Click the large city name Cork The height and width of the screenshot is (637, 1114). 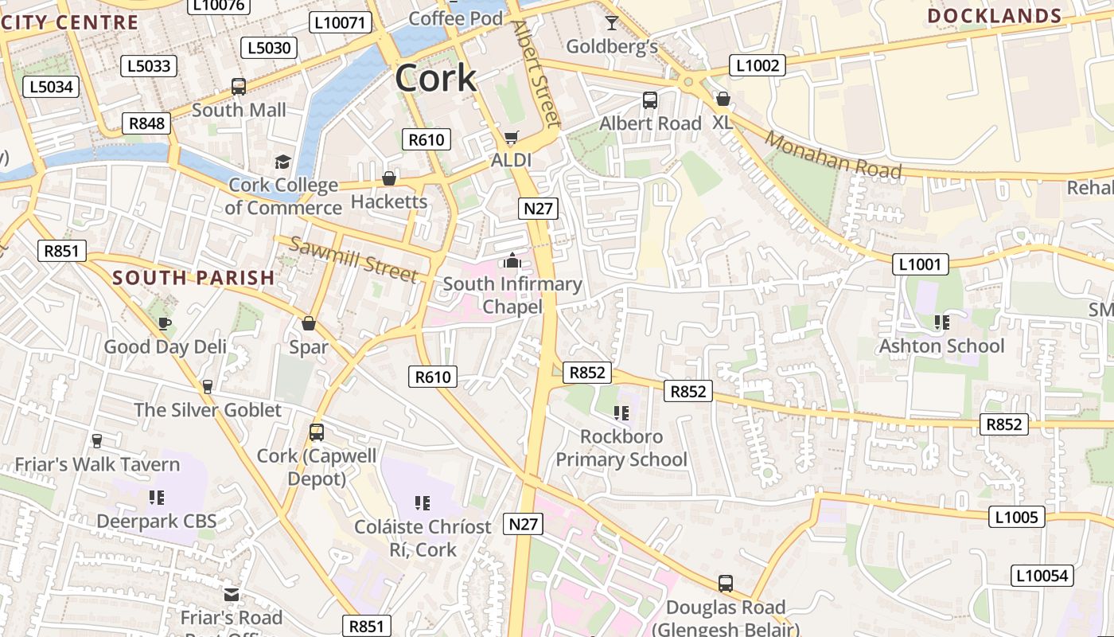click(435, 78)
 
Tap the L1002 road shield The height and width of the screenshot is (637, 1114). click(758, 65)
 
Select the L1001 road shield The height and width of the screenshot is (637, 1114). click(920, 264)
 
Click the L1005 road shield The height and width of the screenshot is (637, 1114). click(1017, 517)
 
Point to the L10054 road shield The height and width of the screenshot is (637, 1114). click(1042, 575)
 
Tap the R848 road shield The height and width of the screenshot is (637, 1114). click(146, 123)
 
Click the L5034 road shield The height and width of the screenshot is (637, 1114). click(52, 86)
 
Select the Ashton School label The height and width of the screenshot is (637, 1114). click(941, 346)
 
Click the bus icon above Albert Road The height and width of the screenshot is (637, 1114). click(650, 100)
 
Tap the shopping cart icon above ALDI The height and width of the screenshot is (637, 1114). click(511, 138)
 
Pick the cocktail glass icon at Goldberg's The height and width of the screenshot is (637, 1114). click(611, 22)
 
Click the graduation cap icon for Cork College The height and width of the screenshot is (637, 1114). click(282, 162)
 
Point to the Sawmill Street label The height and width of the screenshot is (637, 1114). click(353, 260)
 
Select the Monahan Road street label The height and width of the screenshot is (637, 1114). click(833, 155)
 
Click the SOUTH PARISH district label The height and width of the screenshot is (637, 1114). click(193, 278)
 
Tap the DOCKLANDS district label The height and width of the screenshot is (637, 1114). click(994, 16)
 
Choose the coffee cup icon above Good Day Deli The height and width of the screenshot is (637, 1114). click(165, 323)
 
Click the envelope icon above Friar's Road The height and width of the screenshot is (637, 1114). click(232, 595)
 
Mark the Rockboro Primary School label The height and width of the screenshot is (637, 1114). click(621, 447)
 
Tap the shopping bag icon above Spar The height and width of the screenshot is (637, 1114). click(309, 323)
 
